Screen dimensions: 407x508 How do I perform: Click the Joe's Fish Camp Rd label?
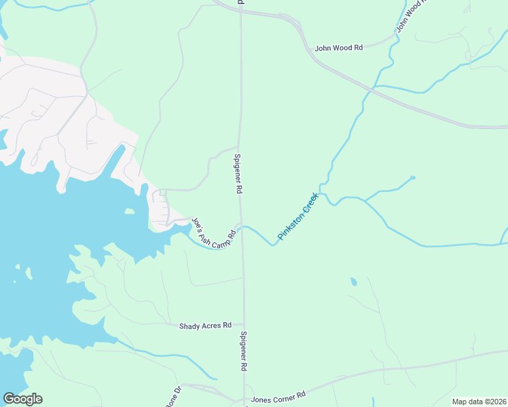tap(213, 233)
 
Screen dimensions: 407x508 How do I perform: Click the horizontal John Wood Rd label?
tap(339, 48)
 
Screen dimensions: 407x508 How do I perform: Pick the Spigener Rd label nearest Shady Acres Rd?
tap(242, 351)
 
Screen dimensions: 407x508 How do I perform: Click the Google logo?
tap(22, 399)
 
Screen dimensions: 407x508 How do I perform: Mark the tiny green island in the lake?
tap(129, 212)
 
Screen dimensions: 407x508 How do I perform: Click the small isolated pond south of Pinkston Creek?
tap(353, 282)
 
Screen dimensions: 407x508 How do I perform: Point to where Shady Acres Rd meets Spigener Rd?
tap(243, 326)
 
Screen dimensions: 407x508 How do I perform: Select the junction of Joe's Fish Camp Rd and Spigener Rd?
tap(242, 226)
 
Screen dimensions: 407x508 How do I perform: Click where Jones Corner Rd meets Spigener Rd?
tap(244, 400)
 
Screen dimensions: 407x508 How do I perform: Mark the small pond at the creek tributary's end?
tap(412, 178)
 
